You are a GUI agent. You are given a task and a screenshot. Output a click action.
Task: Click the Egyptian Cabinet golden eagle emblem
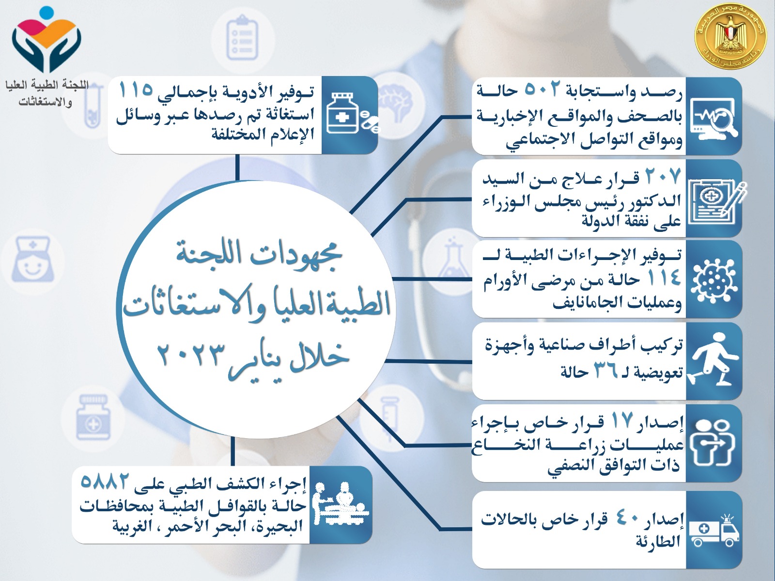[x=730, y=39]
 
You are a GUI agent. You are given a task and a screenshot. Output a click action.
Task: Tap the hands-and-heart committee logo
[x=46, y=39]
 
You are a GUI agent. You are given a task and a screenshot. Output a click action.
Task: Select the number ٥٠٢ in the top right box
[x=542, y=90]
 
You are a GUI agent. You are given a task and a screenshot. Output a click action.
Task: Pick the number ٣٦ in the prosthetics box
[x=606, y=371]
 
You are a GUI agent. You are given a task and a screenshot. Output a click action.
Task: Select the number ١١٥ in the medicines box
[x=136, y=91]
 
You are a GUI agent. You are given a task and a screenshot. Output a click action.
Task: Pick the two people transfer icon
[x=713, y=443]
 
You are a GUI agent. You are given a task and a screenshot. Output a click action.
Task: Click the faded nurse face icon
[x=32, y=260]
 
